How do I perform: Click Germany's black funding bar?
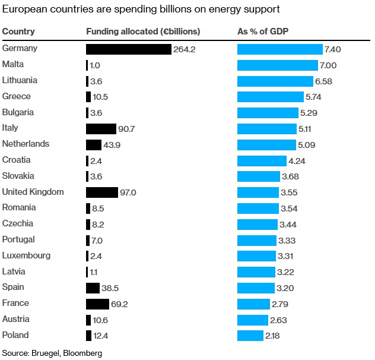(x=128, y=49)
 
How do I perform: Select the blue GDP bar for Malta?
(x=277, y=65)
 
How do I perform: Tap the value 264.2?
(x=185, y=49)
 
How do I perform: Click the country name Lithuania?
(x=20, y=80)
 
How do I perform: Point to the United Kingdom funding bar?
(x=102, y=192)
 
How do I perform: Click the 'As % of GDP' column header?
(x=263, y=31)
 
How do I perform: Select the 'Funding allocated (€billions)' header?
(x=143, y=31)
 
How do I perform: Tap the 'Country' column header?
(x=18, y=31)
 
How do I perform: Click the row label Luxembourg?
(x=26, y=256)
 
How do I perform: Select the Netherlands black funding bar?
(x=94, y=144)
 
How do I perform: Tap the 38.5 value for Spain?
(x=111, y=288)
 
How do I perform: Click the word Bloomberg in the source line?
(x=92, y=352)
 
